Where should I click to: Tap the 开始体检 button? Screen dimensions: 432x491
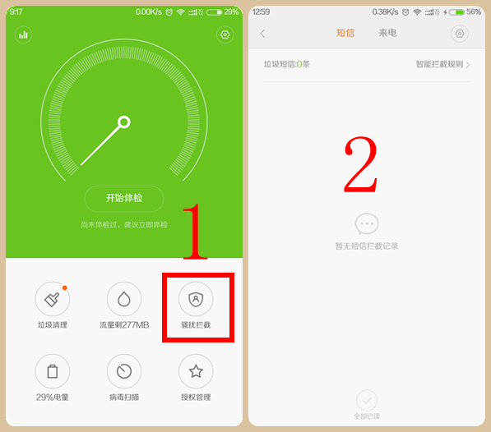[x=124, y=199]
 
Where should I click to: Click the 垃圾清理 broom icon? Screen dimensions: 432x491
[x=53, y=300]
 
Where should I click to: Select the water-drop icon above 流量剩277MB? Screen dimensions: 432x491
[x=124, y=300]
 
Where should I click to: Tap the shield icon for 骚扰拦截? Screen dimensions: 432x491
[x=196, y=300]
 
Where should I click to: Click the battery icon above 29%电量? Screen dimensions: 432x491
[x=53, y=371]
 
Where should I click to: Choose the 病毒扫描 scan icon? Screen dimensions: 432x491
[x=124, y=371]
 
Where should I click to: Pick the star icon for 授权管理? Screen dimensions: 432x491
[x=196, y=371]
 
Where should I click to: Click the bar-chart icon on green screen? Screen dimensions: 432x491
[x=23, y=34]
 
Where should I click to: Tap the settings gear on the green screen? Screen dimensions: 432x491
[x=225, y=34]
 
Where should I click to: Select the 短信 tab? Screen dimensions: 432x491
[x=345, y=34]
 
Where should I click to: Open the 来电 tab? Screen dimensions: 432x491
[x=387, y=34]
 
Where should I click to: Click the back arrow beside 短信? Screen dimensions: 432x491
[x=263, y=34]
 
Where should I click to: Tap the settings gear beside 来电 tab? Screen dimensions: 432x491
[x=460, y=34]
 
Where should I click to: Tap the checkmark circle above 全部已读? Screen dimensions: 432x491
[x=367, y=400]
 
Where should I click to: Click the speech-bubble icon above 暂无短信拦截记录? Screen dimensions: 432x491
[x=367, y=223]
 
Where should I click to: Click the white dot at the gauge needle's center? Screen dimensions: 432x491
[x=124, y=123]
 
